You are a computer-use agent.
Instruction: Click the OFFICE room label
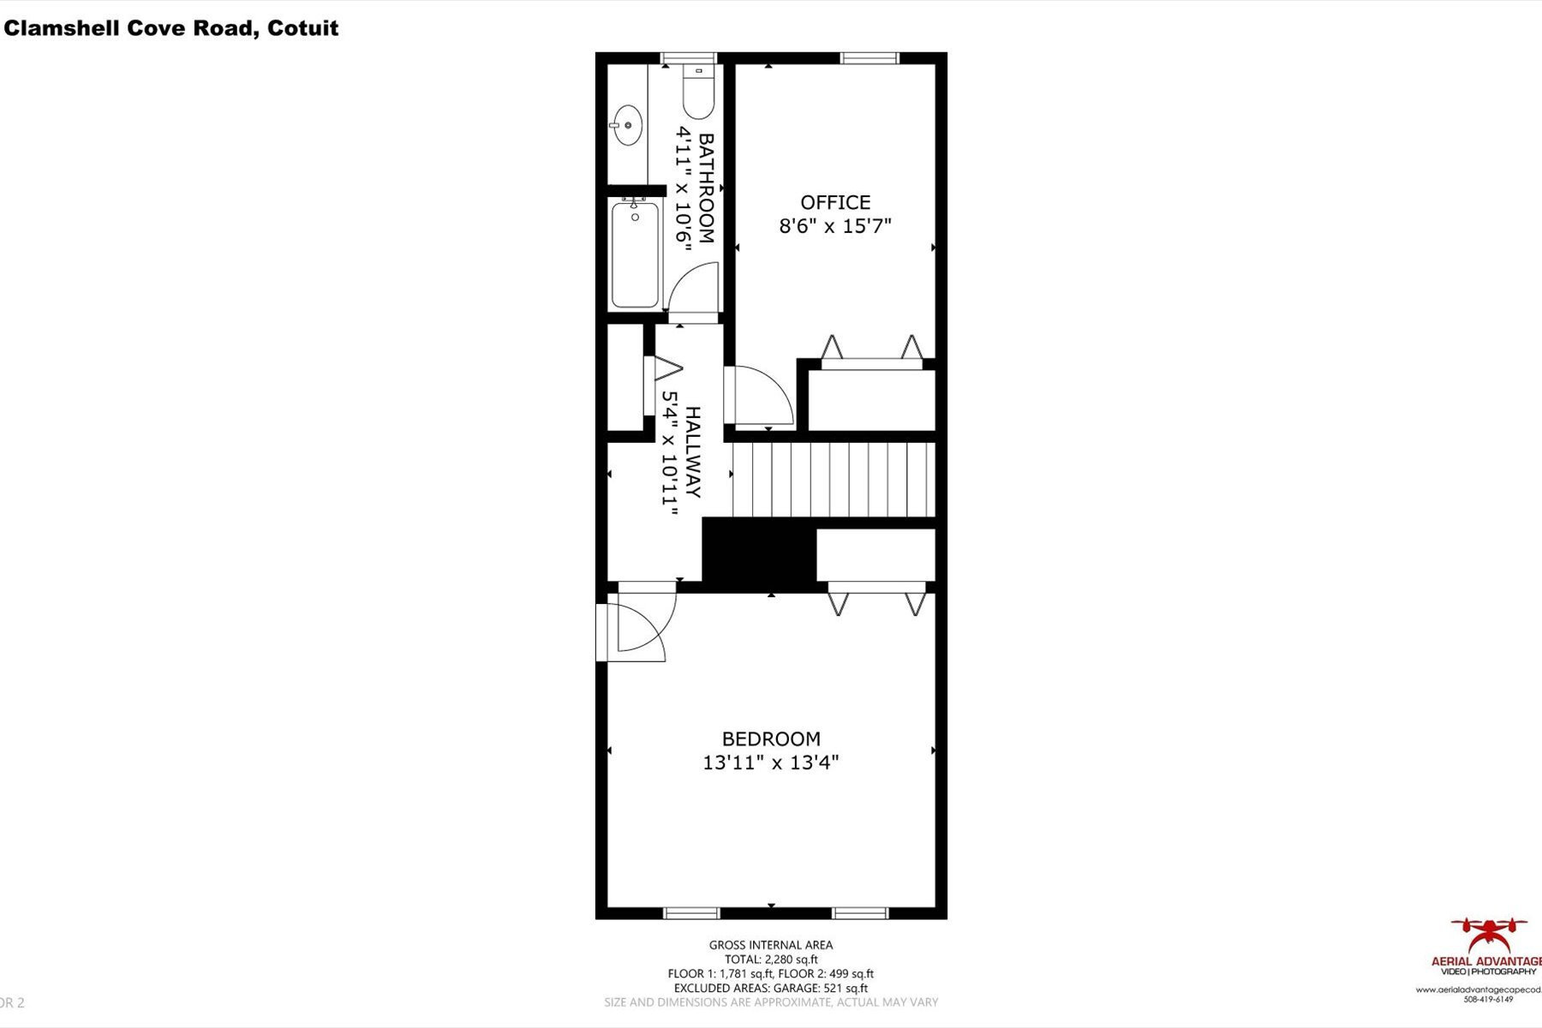(835, 202)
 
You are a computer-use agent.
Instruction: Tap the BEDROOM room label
(771, 738)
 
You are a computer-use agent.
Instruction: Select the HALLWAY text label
(693, 451)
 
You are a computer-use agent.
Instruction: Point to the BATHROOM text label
(707, 188)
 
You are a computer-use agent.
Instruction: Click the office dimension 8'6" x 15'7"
(835, 226)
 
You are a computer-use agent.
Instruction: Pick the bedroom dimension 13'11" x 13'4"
(771, 762)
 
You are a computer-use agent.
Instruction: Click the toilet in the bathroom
(698, 94)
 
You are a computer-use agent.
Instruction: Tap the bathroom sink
(627, 125)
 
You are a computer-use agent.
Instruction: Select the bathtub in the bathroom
(635, 254)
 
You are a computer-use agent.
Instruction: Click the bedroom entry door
(638, 630)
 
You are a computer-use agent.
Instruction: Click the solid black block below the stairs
(758, 554)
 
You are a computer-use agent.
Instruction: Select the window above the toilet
(689, 58)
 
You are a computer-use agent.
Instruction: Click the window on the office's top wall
(869, 58)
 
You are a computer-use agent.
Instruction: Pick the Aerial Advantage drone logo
(1489, 935)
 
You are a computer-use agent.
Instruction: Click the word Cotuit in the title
(302, 28)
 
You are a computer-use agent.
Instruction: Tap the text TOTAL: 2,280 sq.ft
(771, 959)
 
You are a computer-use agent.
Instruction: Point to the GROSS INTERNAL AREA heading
(771, 945)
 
